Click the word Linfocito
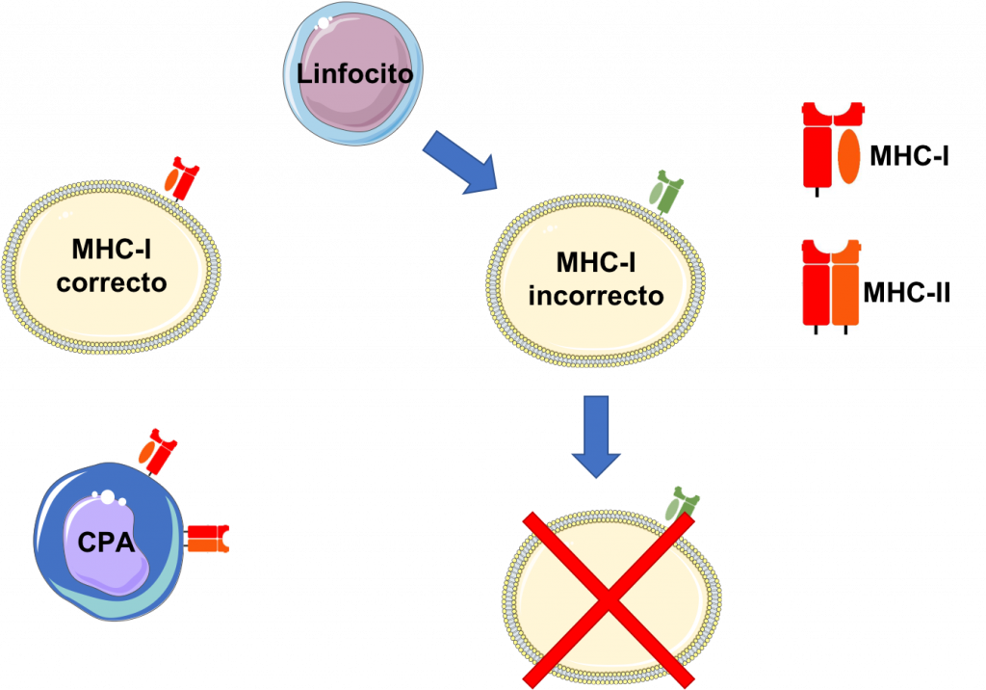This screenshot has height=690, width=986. [354, 73]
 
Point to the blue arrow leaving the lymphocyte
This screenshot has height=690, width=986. [459, 160]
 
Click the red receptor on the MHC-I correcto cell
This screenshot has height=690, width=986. [179, 179]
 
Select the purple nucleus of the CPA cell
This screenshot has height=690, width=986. [106, 544]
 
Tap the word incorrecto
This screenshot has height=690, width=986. [596, 295]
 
